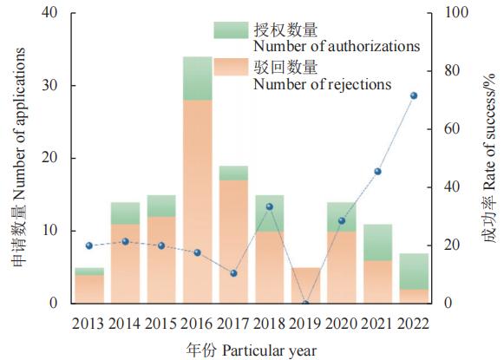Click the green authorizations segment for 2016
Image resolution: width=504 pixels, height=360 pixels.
[198, 78]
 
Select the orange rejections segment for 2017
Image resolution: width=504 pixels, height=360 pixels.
[233, 242]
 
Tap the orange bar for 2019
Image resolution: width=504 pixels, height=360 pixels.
[305, 285]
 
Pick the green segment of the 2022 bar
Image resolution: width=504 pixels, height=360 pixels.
[414, 272]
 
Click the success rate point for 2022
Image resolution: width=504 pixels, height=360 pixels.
[414, 95]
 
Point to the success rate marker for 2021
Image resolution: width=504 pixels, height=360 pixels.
[378, 172]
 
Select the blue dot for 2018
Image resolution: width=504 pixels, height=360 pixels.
[270, 206]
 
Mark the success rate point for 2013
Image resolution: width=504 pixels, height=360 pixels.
[89, 245]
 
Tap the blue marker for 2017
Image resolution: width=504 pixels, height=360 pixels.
[233, 273]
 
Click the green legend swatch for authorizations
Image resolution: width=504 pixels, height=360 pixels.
[231, 30]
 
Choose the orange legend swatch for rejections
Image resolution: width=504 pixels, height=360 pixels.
[231, 67]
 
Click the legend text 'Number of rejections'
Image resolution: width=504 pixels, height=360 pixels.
[323, 84]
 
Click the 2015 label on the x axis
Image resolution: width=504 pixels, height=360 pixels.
[160, 324]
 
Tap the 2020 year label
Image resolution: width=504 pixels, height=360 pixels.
[342, 324]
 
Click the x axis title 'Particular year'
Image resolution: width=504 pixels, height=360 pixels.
[270, 350]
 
